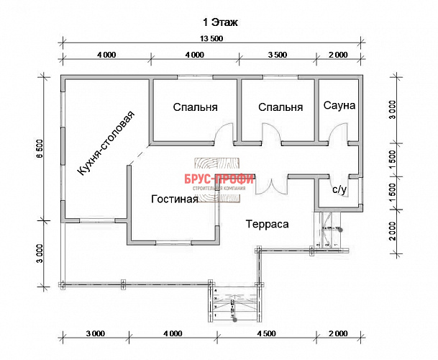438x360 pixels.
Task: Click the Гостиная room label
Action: [x=175, y=199]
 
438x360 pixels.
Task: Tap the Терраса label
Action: [x=267, y=224]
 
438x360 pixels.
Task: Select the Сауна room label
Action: [x=339, y=106]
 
